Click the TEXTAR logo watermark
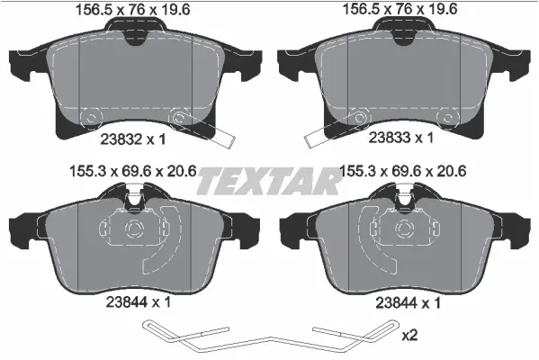269,180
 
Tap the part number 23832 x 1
134,138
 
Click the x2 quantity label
409,336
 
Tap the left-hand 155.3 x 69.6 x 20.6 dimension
134,168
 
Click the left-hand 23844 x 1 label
134,304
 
